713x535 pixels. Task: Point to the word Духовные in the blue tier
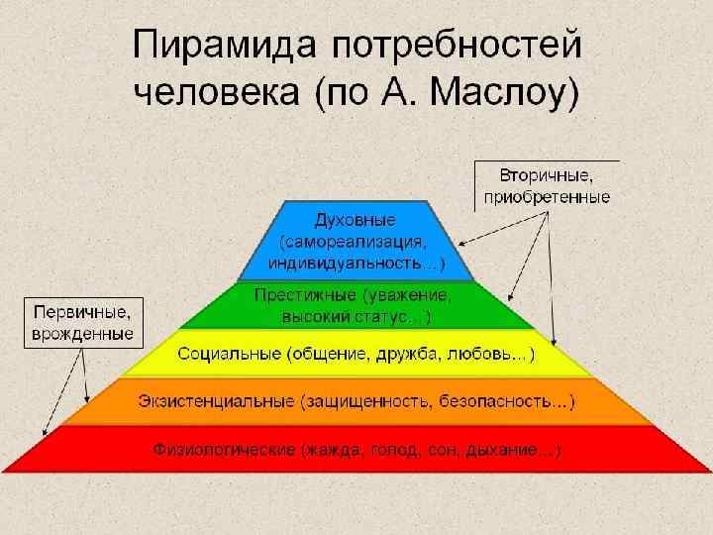point(355,218)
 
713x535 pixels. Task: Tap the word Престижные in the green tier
point(305,295)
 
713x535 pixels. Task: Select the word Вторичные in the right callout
point(547,176)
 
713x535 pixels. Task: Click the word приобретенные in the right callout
point(547,197)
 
